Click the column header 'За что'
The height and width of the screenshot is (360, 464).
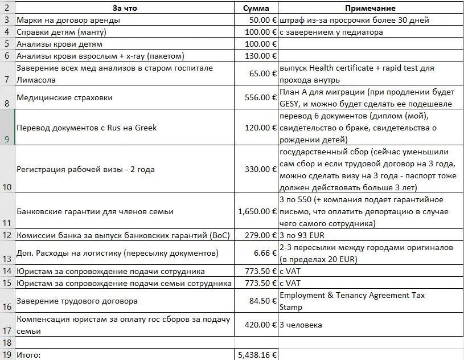125,9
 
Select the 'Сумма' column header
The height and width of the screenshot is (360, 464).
256,9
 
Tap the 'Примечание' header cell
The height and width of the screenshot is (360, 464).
370,9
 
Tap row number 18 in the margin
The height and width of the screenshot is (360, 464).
7,342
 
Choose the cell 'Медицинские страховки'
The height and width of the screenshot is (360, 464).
64,97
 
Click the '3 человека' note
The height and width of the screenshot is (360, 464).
301,325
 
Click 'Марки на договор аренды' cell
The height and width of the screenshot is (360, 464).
68,20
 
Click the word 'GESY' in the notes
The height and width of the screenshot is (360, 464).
290,104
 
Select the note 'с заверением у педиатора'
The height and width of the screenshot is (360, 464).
331,32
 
